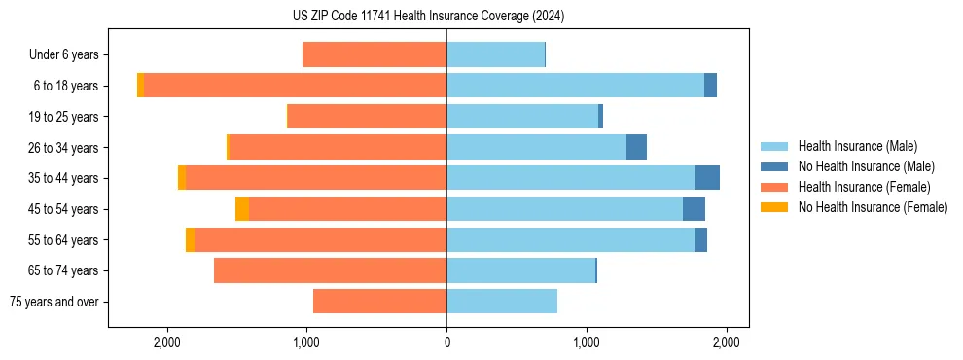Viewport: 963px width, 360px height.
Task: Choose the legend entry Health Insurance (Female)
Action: point(857,187)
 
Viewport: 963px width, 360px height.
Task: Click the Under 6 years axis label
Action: point(63,54)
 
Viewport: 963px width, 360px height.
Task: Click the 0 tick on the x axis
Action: point(446,342)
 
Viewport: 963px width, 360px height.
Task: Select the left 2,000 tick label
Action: point(167,342)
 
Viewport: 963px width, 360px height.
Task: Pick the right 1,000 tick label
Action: point(587,342)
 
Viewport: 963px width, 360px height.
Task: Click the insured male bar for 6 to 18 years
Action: point(574,86)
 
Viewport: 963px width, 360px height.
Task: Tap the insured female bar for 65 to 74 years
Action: point(331,270)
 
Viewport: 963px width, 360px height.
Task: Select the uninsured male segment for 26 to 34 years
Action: point(636,147)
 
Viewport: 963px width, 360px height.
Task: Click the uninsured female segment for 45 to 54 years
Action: point(242,209)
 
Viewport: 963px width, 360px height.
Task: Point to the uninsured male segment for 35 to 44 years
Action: point(707,178)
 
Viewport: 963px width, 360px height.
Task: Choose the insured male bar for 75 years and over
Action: point(502,302)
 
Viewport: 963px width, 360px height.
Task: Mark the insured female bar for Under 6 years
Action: point(374,54)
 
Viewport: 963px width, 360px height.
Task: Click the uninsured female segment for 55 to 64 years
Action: point(190,239)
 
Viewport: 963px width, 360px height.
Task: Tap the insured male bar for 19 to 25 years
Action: point(522,117)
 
